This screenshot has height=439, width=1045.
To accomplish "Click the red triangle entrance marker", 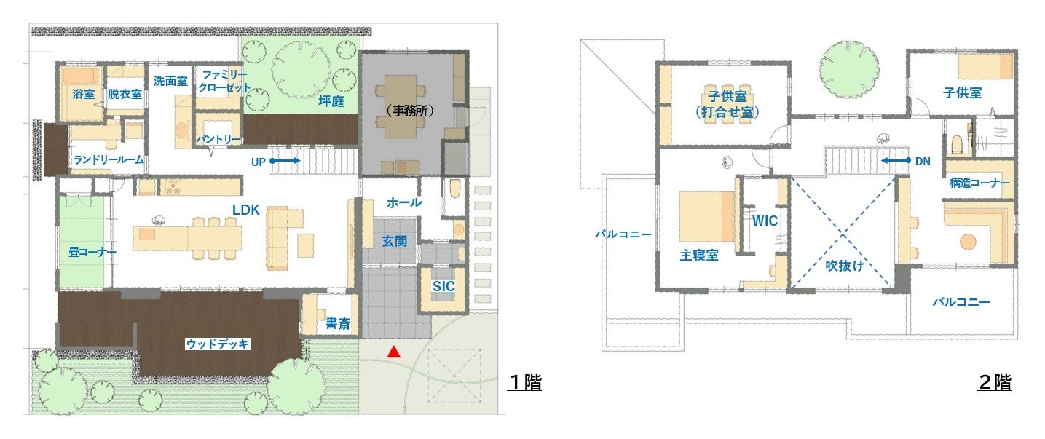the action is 394,352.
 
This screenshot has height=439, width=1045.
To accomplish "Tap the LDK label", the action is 246,210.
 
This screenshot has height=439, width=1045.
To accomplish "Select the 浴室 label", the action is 84,94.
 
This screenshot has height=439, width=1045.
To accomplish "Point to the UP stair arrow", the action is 285,161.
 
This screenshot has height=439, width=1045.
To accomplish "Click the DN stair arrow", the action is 896,160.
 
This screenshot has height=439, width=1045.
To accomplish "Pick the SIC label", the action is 443,286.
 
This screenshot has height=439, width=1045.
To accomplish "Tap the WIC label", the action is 765,221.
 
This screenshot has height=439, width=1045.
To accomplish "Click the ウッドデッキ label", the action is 218,344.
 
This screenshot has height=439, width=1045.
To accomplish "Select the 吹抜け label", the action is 845,266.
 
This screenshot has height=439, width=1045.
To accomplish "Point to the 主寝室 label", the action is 699,256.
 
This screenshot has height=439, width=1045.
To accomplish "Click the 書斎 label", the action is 338,323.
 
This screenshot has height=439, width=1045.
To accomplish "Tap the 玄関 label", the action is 394,241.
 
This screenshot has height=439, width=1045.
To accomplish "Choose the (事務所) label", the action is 410,111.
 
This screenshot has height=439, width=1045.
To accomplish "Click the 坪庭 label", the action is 331,101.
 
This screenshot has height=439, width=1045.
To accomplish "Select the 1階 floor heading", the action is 525,382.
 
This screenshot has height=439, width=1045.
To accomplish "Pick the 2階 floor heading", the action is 995,382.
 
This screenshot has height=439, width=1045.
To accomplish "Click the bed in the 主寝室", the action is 706,216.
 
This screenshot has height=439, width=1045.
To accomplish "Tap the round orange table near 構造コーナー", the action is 968,242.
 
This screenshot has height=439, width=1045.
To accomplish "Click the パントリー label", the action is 218,139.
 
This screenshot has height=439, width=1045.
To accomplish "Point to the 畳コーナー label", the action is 92,252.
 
